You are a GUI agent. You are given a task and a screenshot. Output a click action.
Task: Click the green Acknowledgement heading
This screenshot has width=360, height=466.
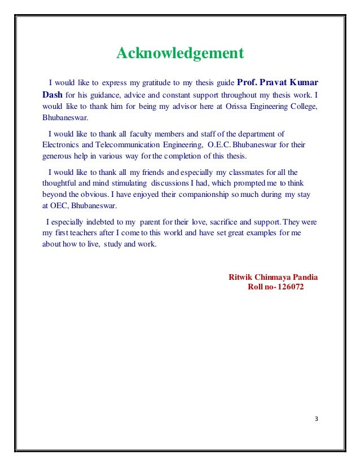(180, 54)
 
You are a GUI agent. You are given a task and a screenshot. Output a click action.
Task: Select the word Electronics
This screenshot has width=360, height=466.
(60, 144)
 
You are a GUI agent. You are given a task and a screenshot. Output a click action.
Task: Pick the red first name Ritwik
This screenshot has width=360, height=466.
(240, 278)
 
